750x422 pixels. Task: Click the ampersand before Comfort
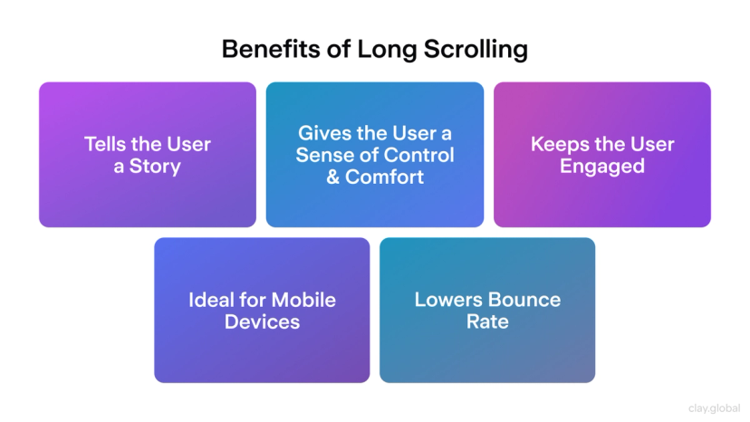pyautogui.click(x=334, y=177)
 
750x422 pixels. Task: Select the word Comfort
pyautogui.click(x=384, y=177)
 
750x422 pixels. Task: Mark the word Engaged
pyautogui.click(x=601, y=166)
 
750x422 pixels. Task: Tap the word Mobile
pyautogui.click(x=303, y=300)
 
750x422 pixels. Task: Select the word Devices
pyautogui.click(x=262, y=321)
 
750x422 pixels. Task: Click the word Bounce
pyautogui.click(x=524, y=300)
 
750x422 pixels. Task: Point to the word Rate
pyautogui.click(x=487, y=321)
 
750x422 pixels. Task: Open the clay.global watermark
pyautogui.click(x=715, y=408)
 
